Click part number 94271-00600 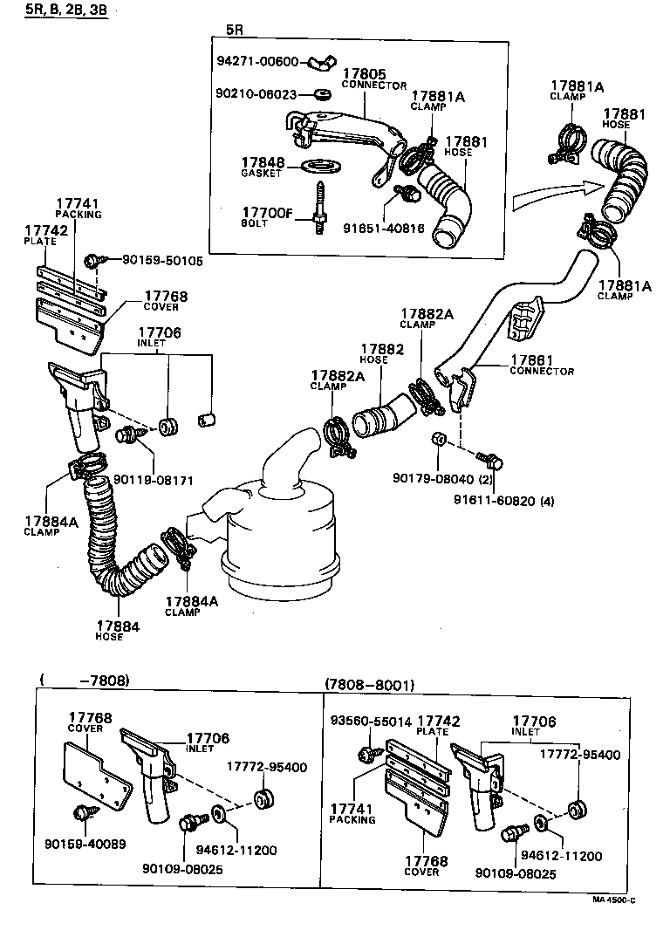pos(257,62)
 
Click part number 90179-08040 pos(433,478)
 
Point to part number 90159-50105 pos(162,260)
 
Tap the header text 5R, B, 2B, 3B pos(58,10)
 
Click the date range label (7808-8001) pos(369,685)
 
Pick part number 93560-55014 pos(370,722)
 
